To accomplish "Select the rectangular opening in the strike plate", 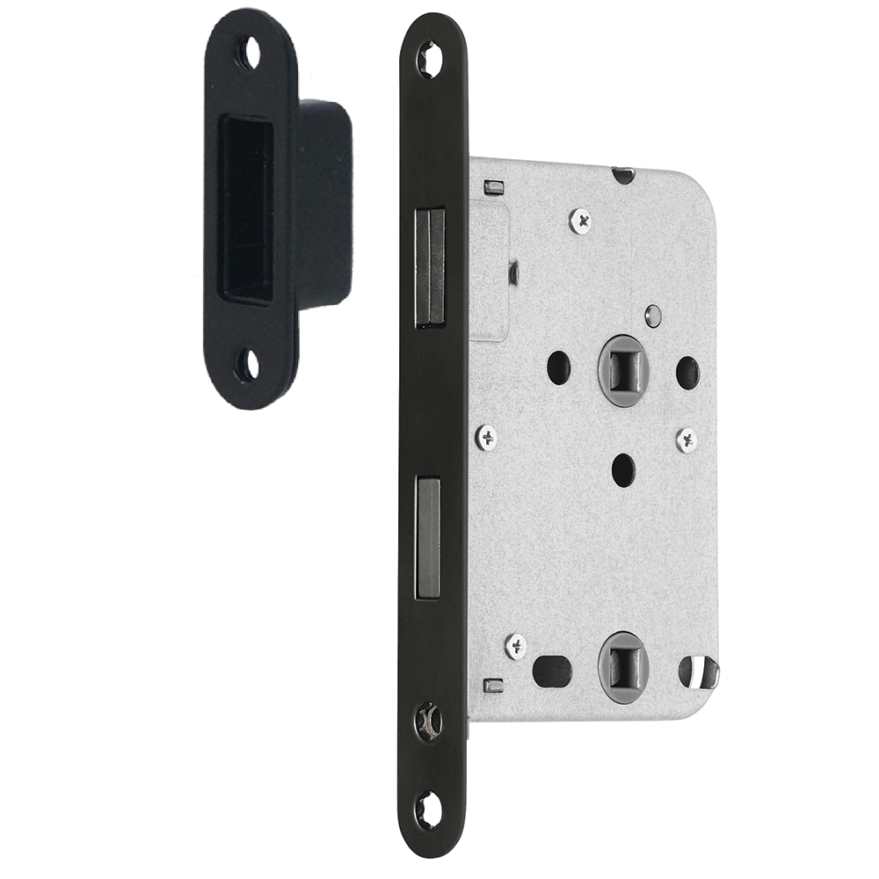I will pyautogui.click(x=245, y=209).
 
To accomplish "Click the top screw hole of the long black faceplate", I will pyautogui.click(x=430, y=60).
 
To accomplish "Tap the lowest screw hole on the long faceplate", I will pyautogui.click(x=429, y=810).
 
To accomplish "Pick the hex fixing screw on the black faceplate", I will pyautogui.click(x=429, y=721).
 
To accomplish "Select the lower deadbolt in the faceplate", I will pyautogui.click(x=428, y=538).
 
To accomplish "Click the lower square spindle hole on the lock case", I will pyautogui.click(x=621, y=665).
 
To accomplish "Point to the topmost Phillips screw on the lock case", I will pyautogui.click(x=580, y=220).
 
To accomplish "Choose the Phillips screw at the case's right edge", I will pyautogui.click(x=686, y=439).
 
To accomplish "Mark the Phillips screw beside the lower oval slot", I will pyautogui.click(x=517, y=647).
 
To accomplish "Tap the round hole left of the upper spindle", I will pyautogui.click(x=559, y=367).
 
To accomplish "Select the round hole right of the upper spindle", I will pyautogui.click(x=687, y=372).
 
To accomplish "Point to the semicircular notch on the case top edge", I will pyautogui.click(x=623, y=174).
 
